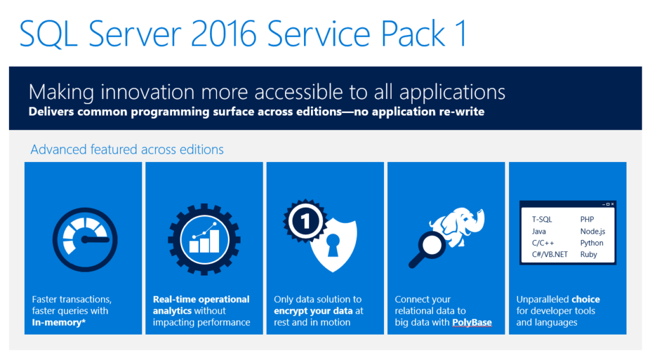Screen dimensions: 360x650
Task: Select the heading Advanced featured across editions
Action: pyautogui.click(x=127, y=150)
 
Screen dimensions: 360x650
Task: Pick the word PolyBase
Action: pyautogui.click(x=472, y=322)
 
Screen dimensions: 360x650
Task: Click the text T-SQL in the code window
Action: pyautogui.click(x=542, y=220)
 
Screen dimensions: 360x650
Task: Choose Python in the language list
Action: pyautogui.click(x=592, y=243)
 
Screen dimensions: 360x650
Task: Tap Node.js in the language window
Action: pyautogui.click(x=593, y=231)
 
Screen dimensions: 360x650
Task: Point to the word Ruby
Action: pyautogui.click(x=588, y=254)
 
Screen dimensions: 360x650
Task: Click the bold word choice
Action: pyautogui.click(x=585, y=299)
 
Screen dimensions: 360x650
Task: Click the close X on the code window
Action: pyautogui.click(x=612, y=204)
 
